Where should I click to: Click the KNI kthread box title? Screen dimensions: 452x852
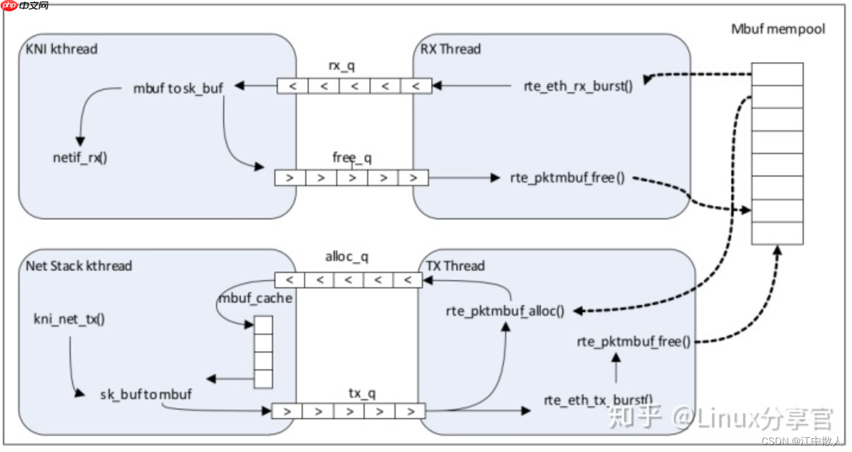coord(62,49)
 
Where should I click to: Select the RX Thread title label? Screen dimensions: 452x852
coord(450,49)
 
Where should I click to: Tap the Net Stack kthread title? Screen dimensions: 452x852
coord(79,265)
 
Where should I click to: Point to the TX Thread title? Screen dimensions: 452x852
coord(455,265)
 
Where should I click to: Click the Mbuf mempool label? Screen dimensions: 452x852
coord(778,29)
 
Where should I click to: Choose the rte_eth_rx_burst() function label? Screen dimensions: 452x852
coord(578,86)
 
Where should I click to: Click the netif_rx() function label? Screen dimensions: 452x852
coord(80,159)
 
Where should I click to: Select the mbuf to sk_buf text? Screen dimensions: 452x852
coord(178,89)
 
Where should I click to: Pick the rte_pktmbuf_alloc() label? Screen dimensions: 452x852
coord(505,311)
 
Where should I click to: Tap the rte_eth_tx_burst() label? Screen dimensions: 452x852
coord(598,400)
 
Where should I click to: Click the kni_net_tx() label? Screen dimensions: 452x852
coord(69,319)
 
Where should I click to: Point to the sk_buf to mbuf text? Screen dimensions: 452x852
coord(146,394)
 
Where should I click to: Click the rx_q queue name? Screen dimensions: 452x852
coord(343,66)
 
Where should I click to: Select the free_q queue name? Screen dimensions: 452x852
coord(352,158)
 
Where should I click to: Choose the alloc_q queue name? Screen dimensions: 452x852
coord(347,257)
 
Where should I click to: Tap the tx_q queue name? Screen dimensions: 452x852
coord(362,393)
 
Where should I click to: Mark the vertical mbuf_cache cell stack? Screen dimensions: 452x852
coord(263,352)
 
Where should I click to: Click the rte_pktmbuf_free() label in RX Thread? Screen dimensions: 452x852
coord(568,178)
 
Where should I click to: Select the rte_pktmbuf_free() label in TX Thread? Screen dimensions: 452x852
coord(634,341)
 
